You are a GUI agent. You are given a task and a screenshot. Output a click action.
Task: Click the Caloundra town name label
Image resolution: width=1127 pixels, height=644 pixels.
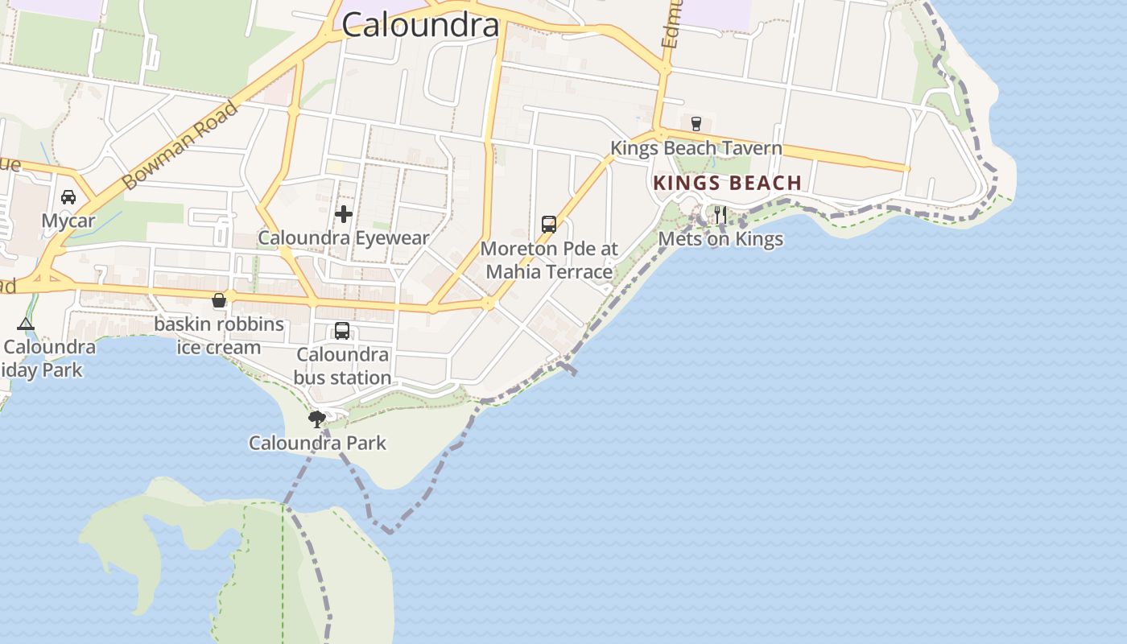coord(420,24)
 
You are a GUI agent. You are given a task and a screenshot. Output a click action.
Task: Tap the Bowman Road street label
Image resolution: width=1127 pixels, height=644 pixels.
coord(182,146)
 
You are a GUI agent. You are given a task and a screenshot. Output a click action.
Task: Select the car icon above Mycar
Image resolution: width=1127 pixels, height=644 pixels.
coord(68,197)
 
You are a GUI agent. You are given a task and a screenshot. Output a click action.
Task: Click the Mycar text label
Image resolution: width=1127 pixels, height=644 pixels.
coord(68,221)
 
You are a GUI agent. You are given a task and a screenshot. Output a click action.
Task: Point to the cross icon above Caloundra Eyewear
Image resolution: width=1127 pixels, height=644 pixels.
coord(344,214)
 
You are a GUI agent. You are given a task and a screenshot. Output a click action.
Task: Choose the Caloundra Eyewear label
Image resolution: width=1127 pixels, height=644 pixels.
coord(344,237)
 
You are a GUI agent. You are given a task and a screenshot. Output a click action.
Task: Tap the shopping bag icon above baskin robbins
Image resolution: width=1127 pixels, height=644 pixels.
coord(218,301)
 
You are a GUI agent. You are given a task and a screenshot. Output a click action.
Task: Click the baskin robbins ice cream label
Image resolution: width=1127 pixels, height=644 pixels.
coord(219,336)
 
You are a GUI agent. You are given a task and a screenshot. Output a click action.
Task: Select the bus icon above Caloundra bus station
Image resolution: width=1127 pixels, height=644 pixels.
coord(342,331)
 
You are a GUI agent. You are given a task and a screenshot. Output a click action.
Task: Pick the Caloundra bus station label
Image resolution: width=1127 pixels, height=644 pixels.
coord(343,365)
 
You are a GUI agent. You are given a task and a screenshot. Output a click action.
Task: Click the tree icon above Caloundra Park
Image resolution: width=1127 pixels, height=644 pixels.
coord(317,419)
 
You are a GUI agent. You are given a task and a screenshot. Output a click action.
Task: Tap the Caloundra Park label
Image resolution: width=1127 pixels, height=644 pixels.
coord(317,443)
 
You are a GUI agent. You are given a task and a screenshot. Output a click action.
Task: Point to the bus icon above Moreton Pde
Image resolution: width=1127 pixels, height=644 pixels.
coord(549,225)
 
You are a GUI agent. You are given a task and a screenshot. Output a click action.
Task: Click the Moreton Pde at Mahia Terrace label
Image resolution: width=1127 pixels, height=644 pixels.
coord(549,260)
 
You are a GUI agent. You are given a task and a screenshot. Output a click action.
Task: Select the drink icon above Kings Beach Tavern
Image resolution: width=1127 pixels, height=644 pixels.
coord(696,124)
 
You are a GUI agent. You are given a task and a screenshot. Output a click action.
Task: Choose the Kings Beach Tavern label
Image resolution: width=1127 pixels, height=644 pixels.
coord(696,148)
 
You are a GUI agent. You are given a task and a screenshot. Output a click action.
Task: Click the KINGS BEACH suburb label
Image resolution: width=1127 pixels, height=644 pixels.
coord(728,183)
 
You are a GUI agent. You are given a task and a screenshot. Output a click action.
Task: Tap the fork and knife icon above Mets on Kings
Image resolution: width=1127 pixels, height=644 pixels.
coord(720,215)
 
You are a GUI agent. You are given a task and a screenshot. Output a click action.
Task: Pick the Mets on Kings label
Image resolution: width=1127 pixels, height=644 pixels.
coord(720,239)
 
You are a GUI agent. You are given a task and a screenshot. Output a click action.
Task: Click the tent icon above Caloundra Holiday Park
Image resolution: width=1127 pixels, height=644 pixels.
coord(26,324)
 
